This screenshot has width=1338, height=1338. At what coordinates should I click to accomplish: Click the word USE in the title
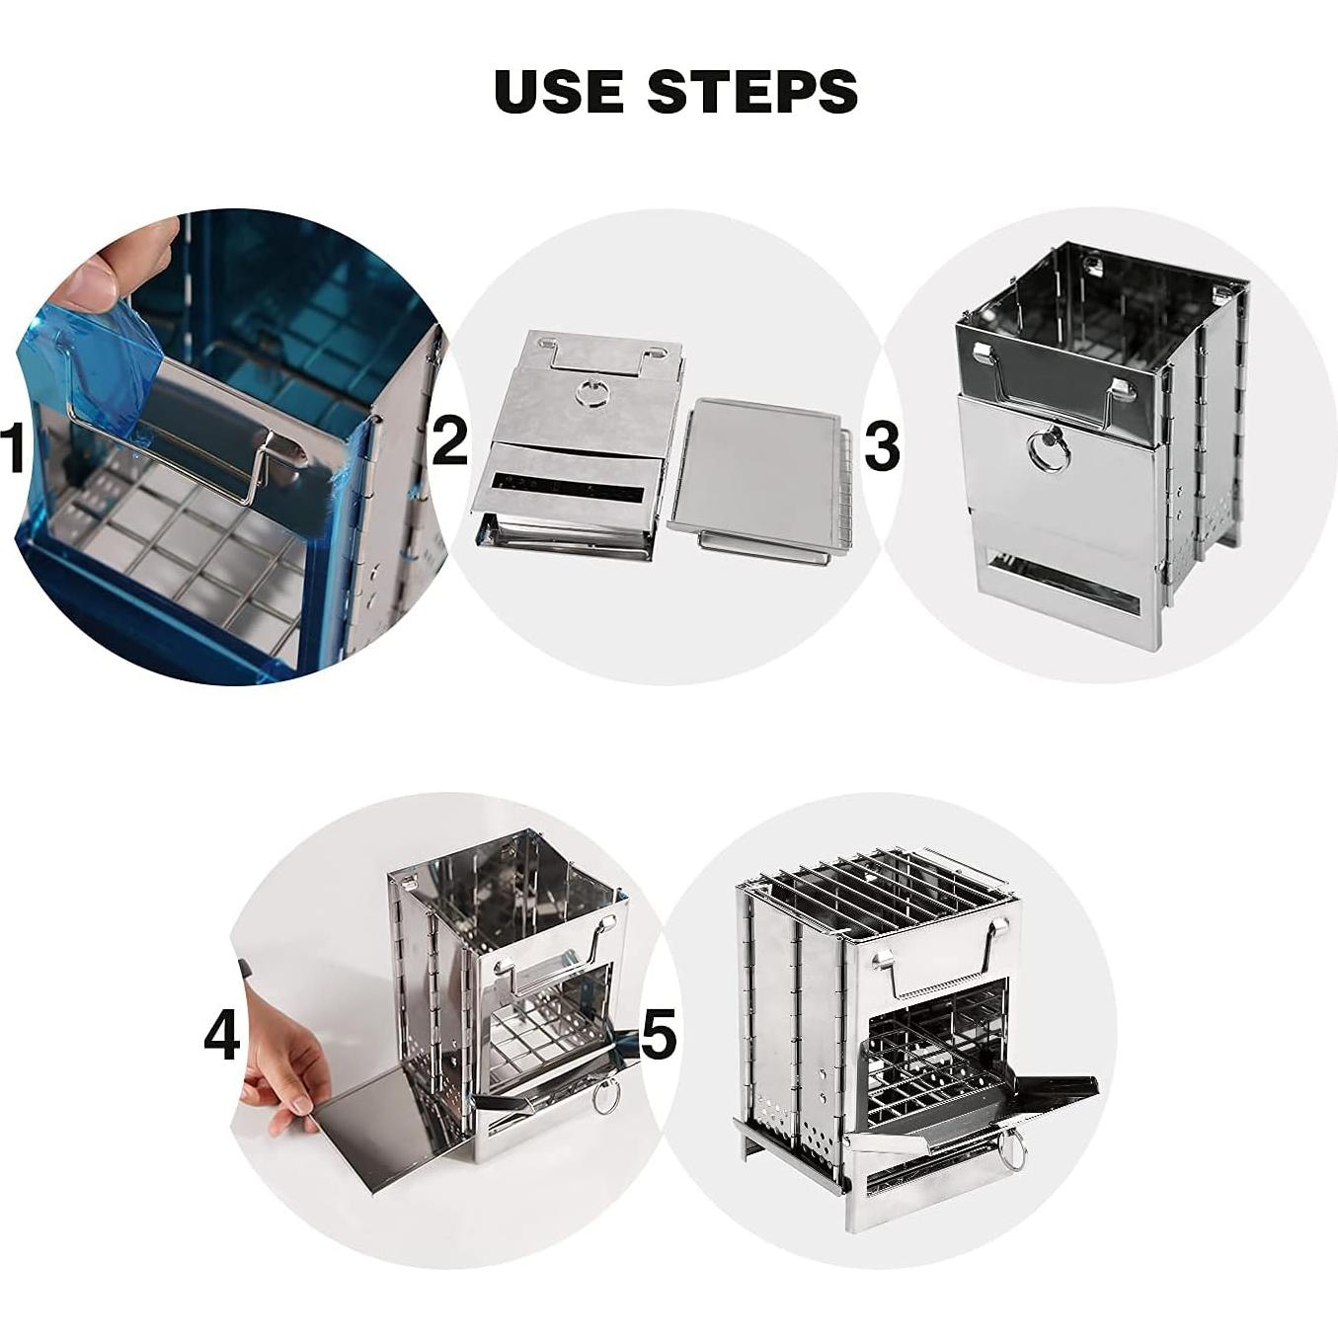point(558,91)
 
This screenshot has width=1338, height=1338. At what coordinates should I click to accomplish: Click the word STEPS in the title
point(752,91)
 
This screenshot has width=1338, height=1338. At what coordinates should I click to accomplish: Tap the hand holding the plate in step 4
point(281,1065)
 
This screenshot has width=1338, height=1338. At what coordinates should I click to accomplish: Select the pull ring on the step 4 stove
point(605,1097)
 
